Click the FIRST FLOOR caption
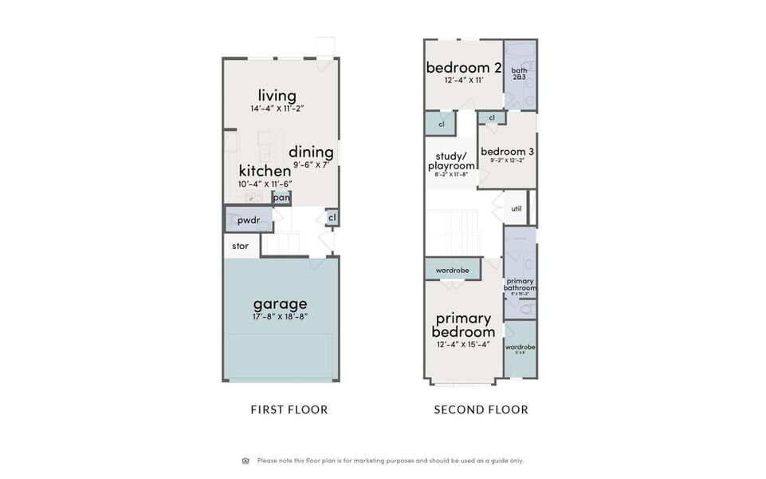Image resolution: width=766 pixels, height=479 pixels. point(289,410)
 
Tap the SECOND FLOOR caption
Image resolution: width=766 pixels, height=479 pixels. point(481,410)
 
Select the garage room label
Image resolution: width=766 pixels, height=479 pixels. point(280,304)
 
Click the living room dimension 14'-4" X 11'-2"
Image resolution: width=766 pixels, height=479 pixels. point(277,107)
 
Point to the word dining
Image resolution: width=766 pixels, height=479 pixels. point(311,152)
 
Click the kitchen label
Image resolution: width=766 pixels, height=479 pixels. point(265,171)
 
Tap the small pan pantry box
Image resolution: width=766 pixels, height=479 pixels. point(281,198)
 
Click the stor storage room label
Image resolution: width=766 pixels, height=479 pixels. point(240,246)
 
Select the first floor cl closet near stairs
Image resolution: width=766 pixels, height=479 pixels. point(332,217)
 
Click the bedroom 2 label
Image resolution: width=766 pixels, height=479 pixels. point(463,67)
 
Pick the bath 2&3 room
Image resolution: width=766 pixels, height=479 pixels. point(520,74)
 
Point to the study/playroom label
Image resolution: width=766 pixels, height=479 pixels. point(451,161)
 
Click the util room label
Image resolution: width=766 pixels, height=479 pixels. point(516,208)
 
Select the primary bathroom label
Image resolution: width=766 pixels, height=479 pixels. point(520,284)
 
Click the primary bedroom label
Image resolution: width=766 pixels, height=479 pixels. point(463,325)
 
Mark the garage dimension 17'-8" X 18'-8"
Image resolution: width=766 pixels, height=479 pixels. point(280,317)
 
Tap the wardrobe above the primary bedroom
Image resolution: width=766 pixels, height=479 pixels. point(452,271)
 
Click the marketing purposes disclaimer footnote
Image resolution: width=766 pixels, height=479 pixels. point(390,461)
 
